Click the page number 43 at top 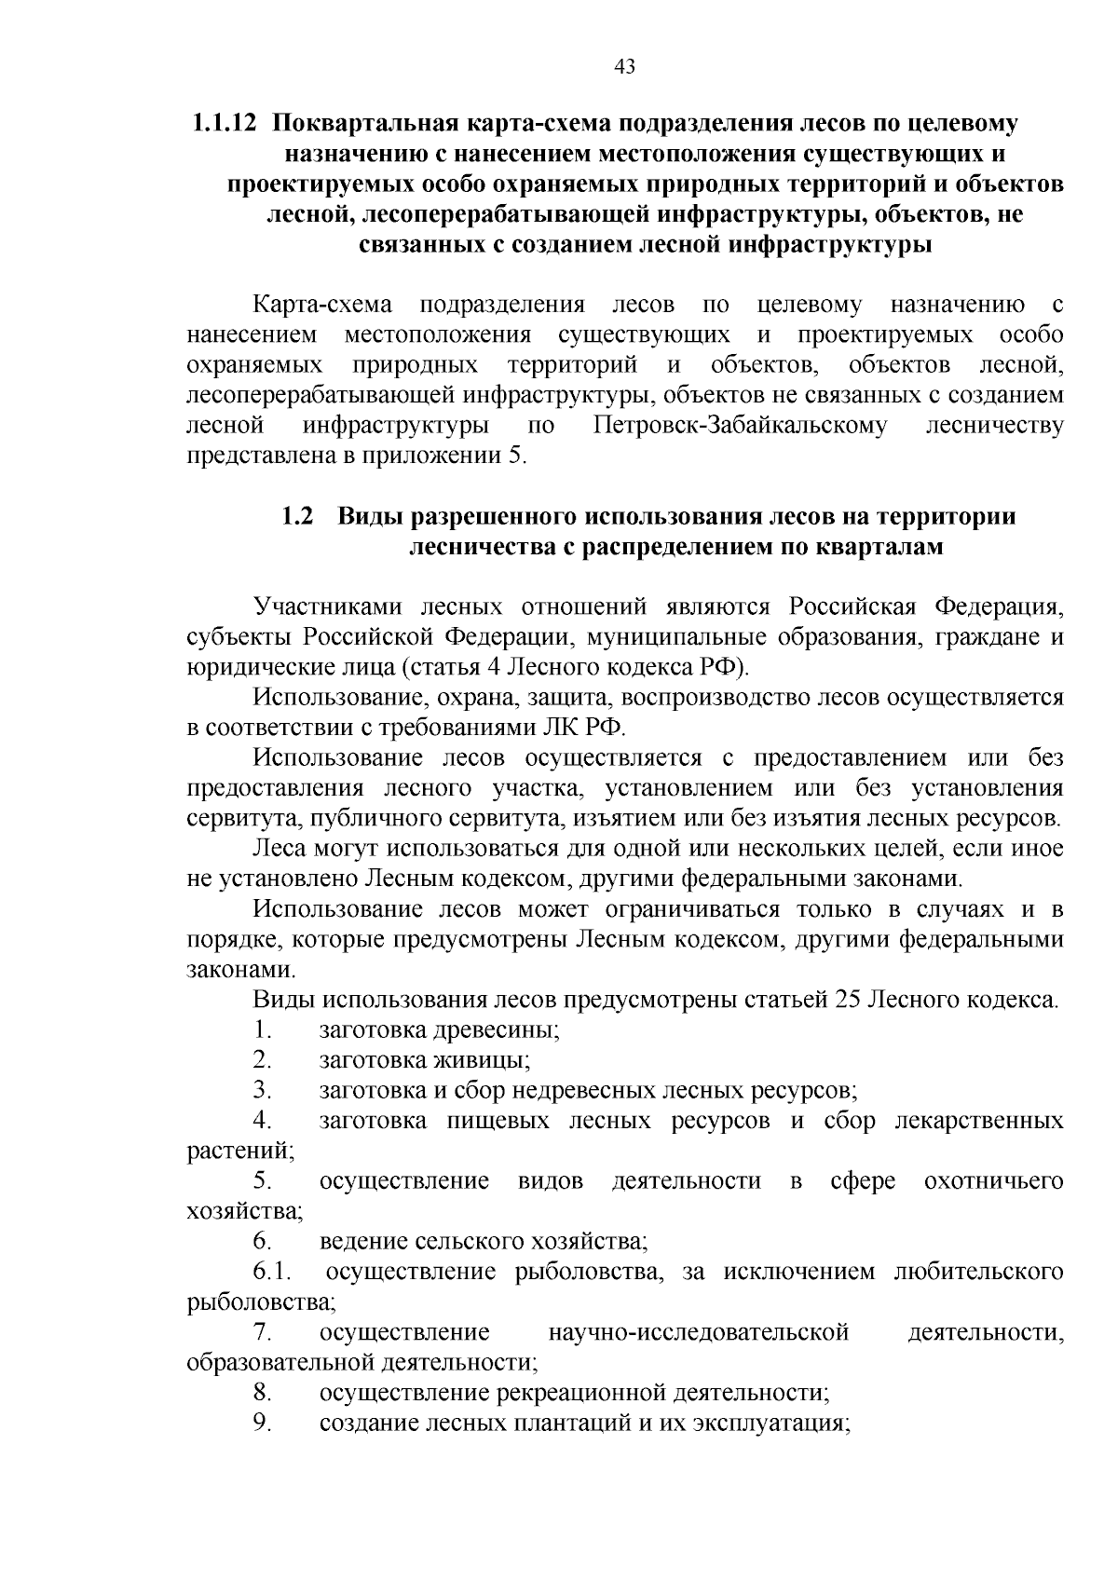point(625,65)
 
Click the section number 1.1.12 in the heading point(223,123)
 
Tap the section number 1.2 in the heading point(297,516)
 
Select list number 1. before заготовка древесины point(262,1030)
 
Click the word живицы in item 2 point(490,1060)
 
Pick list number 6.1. point(271,1272)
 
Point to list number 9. point(262,1423)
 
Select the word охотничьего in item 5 point(993,1181)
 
